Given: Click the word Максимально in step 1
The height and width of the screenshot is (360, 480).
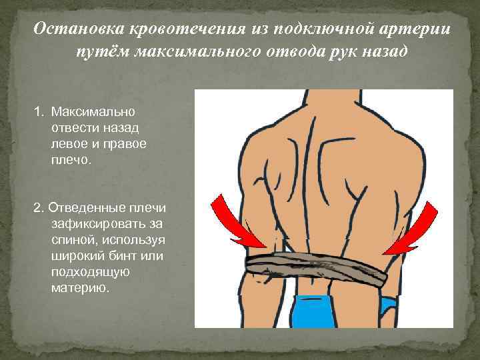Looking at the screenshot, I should tap(87, 109).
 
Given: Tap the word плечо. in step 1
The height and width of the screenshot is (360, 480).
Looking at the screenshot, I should tap(66, 159).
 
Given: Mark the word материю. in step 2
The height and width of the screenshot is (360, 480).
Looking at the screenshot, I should tap(78, 288).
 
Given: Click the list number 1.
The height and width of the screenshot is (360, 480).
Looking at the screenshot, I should tap(38, 109).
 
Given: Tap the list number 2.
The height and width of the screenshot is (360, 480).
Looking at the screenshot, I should tap(37, 207).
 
